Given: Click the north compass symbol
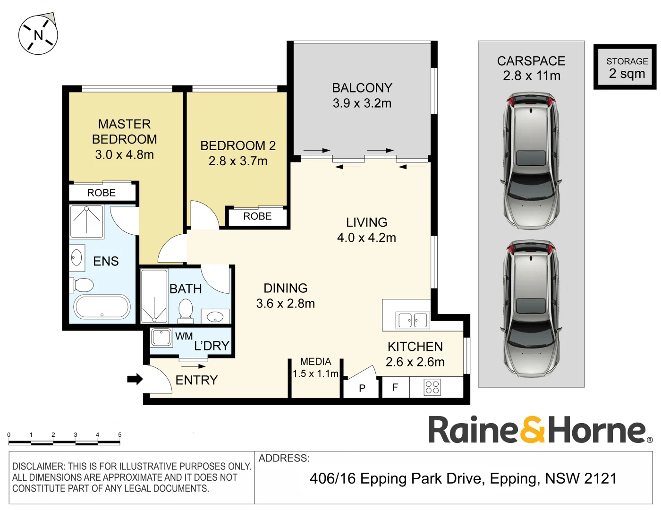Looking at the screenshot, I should (x=38, y=35).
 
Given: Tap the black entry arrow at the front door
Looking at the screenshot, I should (x=135, y=379).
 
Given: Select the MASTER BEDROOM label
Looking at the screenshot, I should (x=124, y=131).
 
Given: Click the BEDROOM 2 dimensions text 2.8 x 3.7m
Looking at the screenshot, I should (x=238, y=161).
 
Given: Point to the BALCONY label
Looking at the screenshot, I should (x=362, y=88).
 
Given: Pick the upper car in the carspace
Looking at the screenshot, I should (x=531, y=161).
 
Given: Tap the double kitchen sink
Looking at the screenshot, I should (x=413, y=320).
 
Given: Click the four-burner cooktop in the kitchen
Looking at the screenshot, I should (x=432, y=387).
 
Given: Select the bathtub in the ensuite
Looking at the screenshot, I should (x=102, y=307).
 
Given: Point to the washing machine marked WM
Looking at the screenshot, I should (x=161, y=337).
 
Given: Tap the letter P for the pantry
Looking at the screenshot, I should (x=362, y=388).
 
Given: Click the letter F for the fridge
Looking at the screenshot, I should (x=395, y=387).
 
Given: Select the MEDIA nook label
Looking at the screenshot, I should (x=315, y=362).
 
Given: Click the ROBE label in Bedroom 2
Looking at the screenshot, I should (x=257, y=216).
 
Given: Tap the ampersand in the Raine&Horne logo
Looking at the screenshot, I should (x=533, y=429).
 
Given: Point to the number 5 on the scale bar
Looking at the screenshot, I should (x=119, y=434).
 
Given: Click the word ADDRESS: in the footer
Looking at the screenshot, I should (x=284, y=458).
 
